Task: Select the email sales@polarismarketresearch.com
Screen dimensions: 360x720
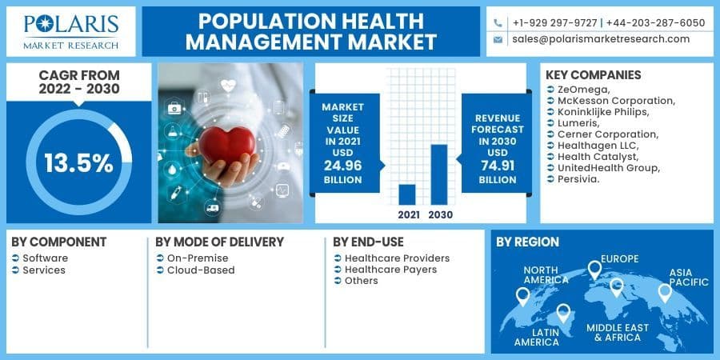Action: click(601, 38)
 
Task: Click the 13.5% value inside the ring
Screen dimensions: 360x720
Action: click(78, 163)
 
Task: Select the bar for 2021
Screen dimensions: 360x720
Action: click(407, 194)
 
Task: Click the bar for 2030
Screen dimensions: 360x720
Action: click(438, 174)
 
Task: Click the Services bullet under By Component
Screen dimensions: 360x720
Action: click(44, 270)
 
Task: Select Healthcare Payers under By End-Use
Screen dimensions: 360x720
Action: click(390, 270)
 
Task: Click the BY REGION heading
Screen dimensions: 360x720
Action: click(527, 242)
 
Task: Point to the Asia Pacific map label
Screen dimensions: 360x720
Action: click(689, 277)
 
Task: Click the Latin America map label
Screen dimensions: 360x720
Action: click(536, 336)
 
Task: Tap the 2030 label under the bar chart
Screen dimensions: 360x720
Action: click(439, 214)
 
